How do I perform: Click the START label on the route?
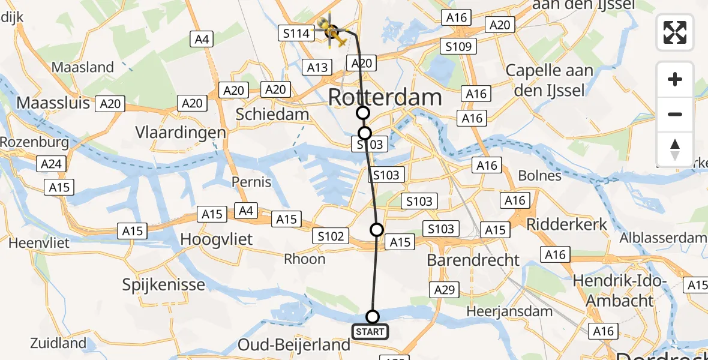[370, 332]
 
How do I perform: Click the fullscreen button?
[675, 32]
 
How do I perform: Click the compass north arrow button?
[675, 149]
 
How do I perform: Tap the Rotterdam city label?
[385, 98]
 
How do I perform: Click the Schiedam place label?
[273, 114]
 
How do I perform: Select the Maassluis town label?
[53, 103]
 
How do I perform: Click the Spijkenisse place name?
[164, 284]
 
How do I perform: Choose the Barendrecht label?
[473, 260]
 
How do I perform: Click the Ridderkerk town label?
[567, 224]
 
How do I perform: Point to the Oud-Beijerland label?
[294, 345]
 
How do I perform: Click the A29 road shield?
[445, 290]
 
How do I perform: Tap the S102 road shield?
[331, 236]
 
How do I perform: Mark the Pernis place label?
[253, 182]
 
